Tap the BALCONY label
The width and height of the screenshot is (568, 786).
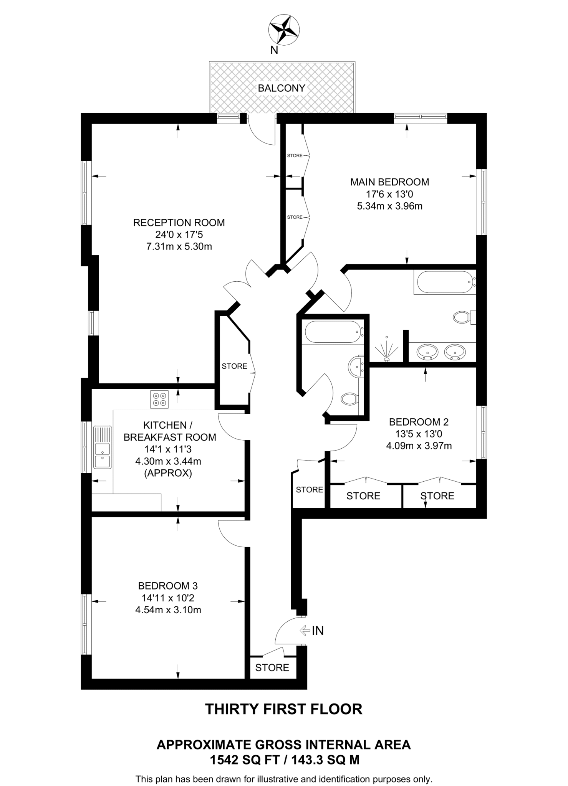tap(281, 88)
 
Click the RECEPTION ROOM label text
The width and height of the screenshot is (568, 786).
tap(179, 223)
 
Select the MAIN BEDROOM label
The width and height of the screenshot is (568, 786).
tap(389, 182)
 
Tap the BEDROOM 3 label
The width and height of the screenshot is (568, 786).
tap(168, 586)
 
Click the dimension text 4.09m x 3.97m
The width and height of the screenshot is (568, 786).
tap(419, 446)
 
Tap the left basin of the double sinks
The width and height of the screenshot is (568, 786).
tap(427, 351)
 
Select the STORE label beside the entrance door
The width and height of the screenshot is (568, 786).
tap(272, 667)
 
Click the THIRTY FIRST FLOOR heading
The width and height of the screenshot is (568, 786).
tap(284, 709)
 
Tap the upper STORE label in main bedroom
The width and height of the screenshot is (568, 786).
tap(295, 155)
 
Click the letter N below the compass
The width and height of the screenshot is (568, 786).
tap(274, 50)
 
